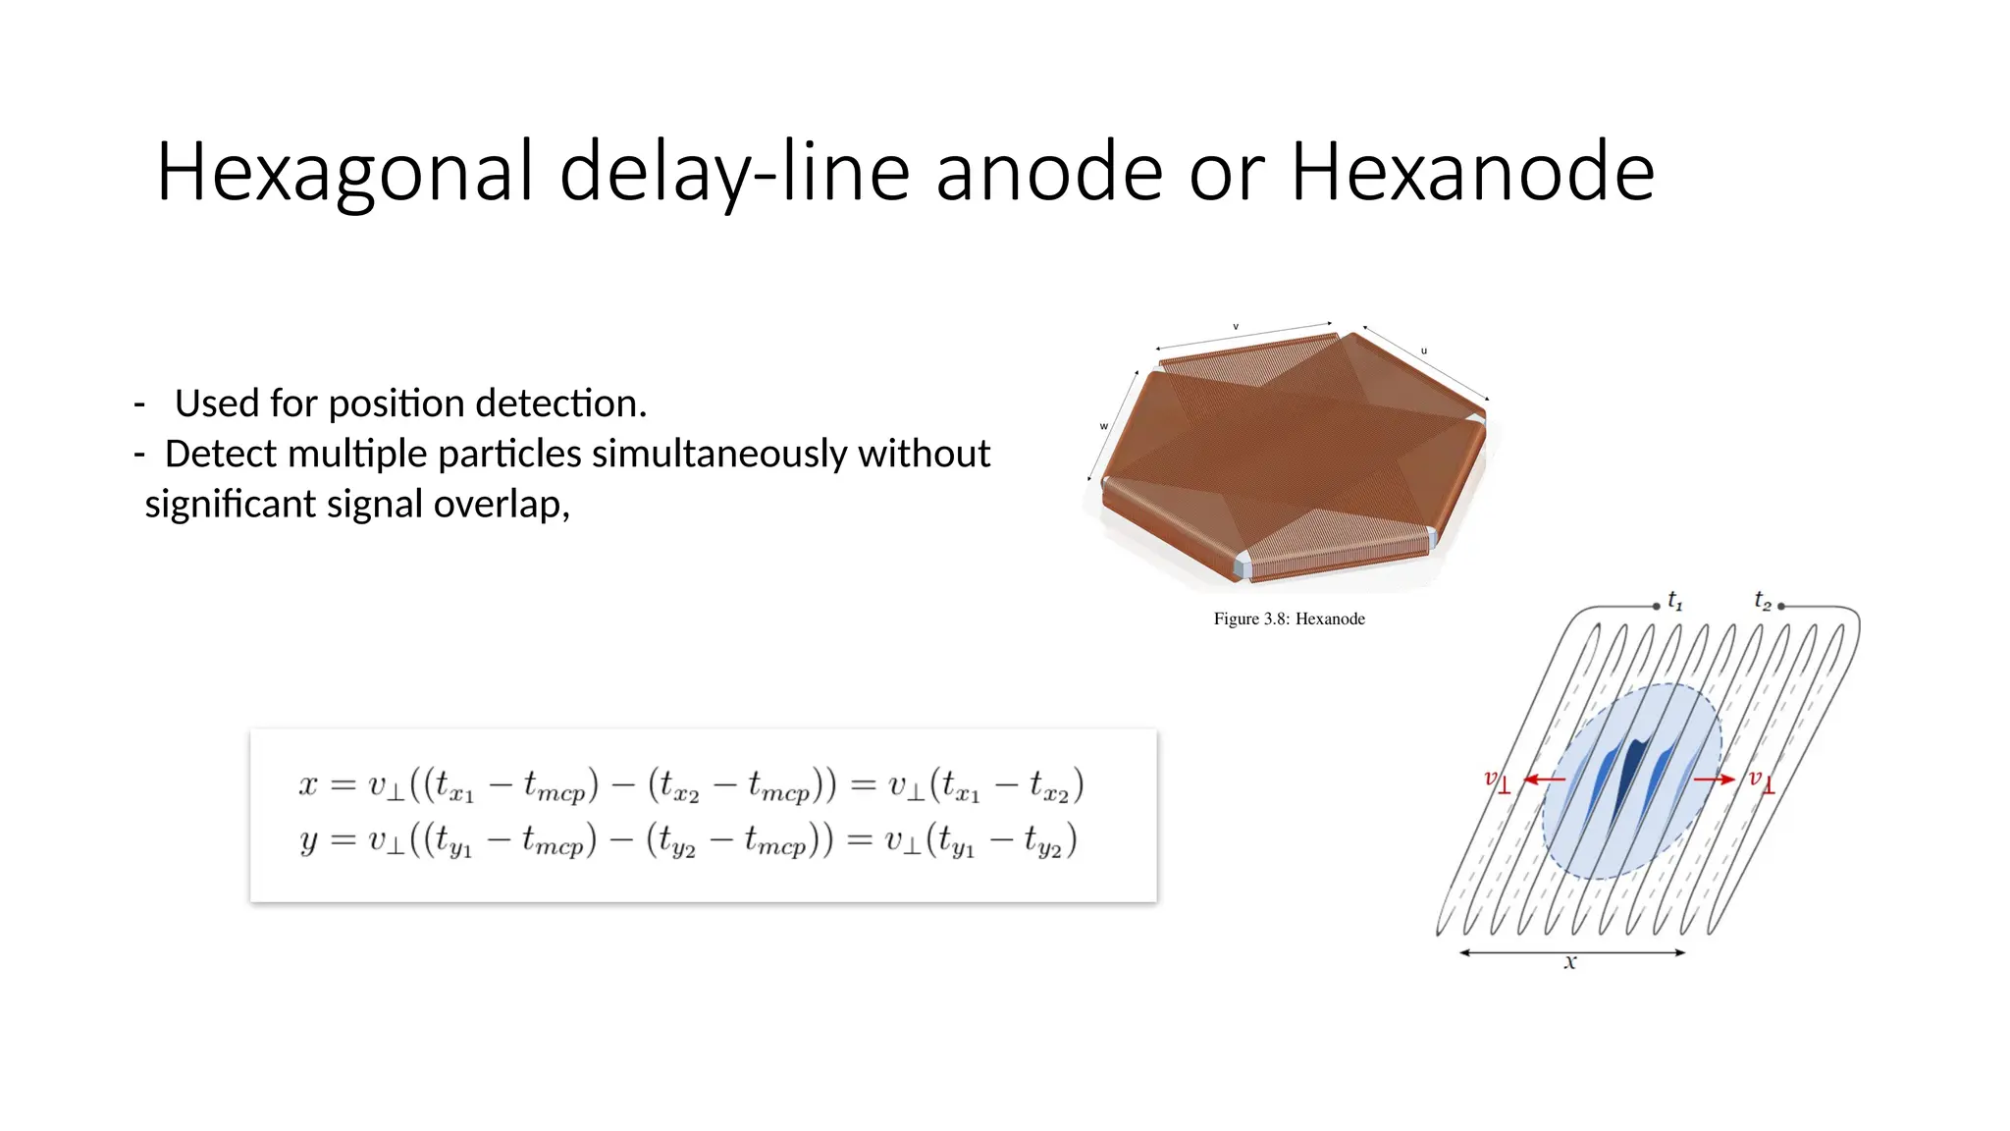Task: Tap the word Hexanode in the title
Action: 1472,173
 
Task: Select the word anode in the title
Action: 1049,173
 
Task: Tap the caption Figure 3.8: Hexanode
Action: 1289,619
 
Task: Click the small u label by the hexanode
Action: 1424,350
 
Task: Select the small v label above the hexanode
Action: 1236,326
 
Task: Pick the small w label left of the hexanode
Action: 1103,426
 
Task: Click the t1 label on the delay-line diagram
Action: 1675,601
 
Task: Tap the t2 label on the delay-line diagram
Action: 1763,600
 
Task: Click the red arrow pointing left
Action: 1544,780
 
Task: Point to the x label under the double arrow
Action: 1570,963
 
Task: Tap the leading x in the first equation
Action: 308,784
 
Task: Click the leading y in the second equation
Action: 308,840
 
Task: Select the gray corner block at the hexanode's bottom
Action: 1243,567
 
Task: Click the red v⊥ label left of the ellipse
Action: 1497,781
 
